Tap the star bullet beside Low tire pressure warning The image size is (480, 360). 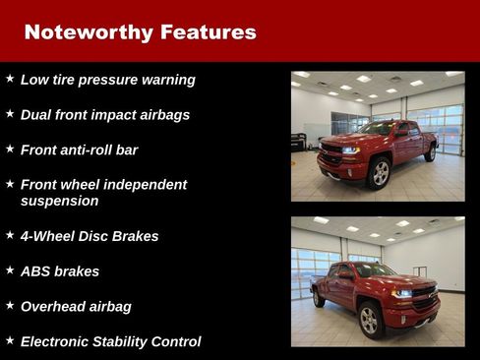coord(10,78)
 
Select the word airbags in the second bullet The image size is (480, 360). coord(163,115)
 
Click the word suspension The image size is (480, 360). coord(59,201)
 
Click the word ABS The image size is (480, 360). coord(35,271)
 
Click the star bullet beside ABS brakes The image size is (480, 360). coord(10,270)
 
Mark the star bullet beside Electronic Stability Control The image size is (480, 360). coord(10,340)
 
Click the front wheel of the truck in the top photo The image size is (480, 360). coord(379,173)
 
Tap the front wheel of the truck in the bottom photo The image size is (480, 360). coord(370,319)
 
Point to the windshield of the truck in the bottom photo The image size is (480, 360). coord(375,270)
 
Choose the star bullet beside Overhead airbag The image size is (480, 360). coord(10,305)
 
